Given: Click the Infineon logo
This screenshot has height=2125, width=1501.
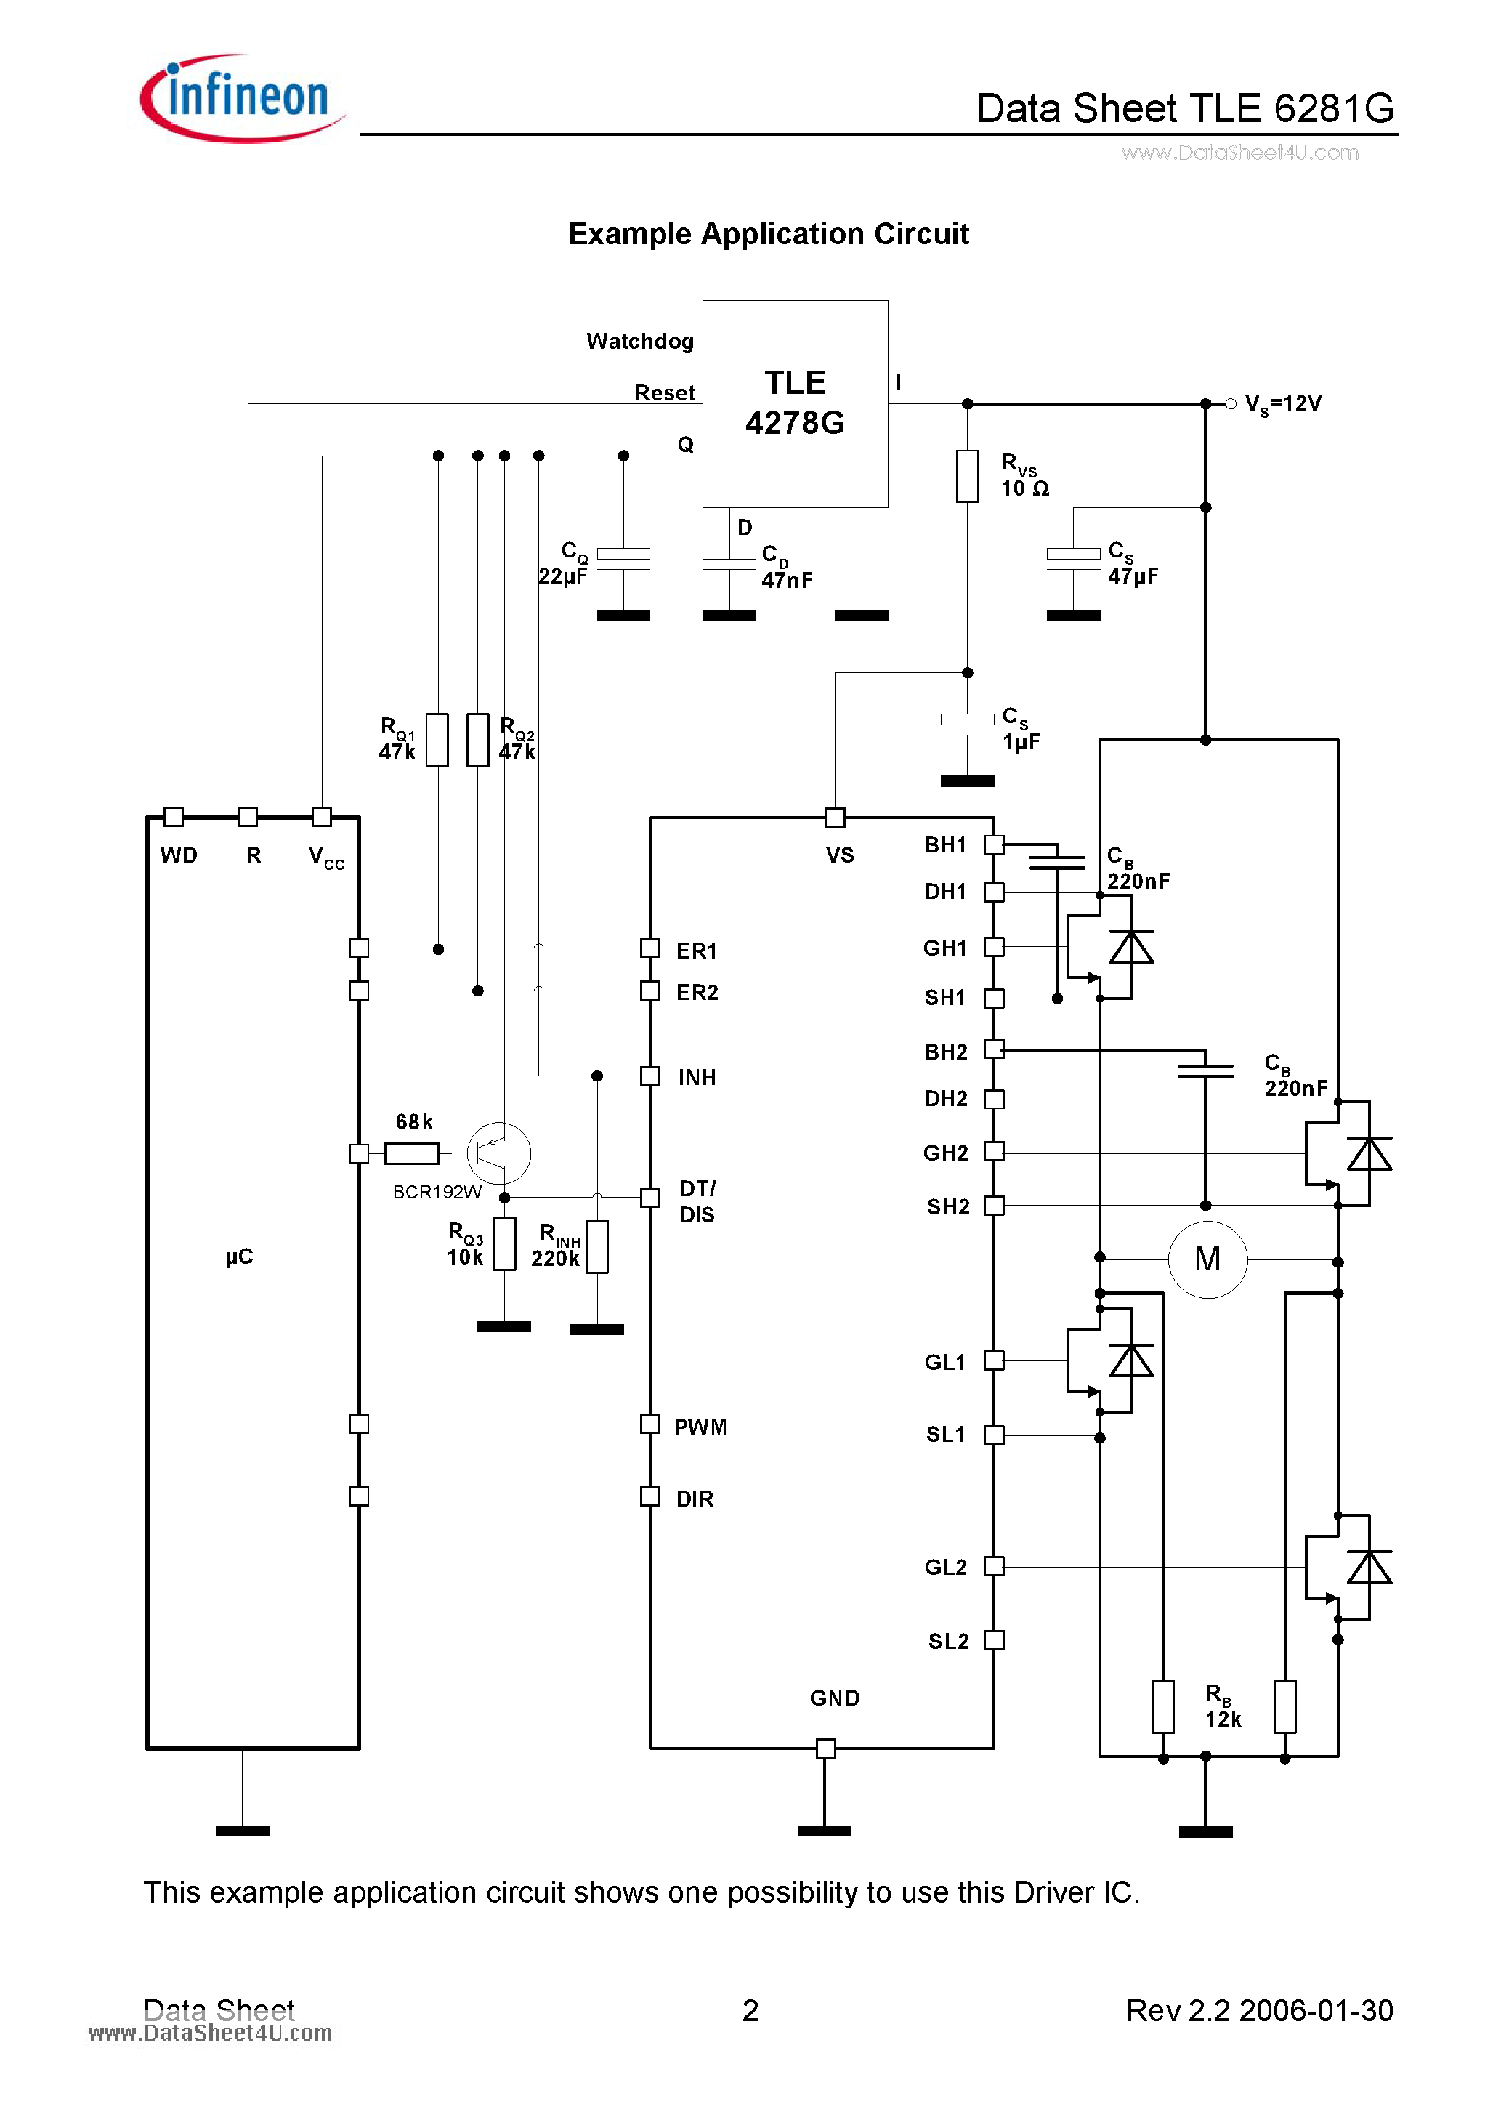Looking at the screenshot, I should click(x=243, y=98).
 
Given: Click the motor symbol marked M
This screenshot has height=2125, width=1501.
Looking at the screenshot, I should click(x=1207, y=1259).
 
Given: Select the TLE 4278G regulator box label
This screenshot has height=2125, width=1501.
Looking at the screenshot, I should click(x=795, y=403).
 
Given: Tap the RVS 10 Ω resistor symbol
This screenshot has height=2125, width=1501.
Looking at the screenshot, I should click(x=967, y=476).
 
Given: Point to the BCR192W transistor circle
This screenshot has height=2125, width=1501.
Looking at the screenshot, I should click(x=499, y=1153).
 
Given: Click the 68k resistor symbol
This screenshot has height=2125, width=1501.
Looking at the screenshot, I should click(x=412, y=1153).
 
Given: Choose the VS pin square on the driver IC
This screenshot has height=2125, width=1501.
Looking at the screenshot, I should click(x=835, y=818).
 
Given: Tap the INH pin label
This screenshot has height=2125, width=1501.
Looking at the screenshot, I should click(x=697, y=1077).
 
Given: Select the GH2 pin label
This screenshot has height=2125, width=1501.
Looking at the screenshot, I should click(x=944, y=1153).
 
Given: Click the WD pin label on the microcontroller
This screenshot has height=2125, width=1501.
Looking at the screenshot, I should click(x=179, y=855).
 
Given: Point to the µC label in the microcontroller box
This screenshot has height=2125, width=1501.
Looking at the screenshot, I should click(x=239, y=1257).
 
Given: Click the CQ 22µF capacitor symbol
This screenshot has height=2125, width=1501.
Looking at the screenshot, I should click(x=623, y=559).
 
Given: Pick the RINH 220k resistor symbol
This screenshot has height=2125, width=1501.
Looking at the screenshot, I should click(x=598, y=1246).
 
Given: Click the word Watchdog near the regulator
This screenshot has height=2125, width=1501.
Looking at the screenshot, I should click(x=639, y=342).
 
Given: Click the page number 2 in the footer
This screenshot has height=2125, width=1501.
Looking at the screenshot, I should click(x=750, y=2010).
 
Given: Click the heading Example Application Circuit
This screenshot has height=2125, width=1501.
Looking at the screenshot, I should click(x=768, y=234).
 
